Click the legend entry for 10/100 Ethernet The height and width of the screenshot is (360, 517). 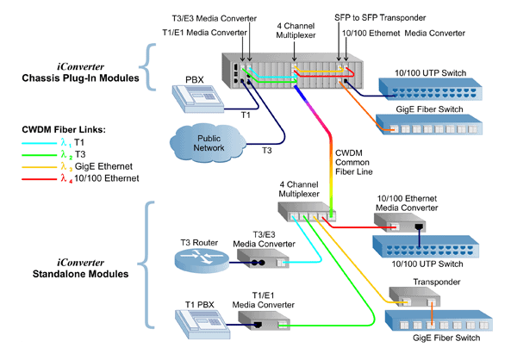pos(74,178)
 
